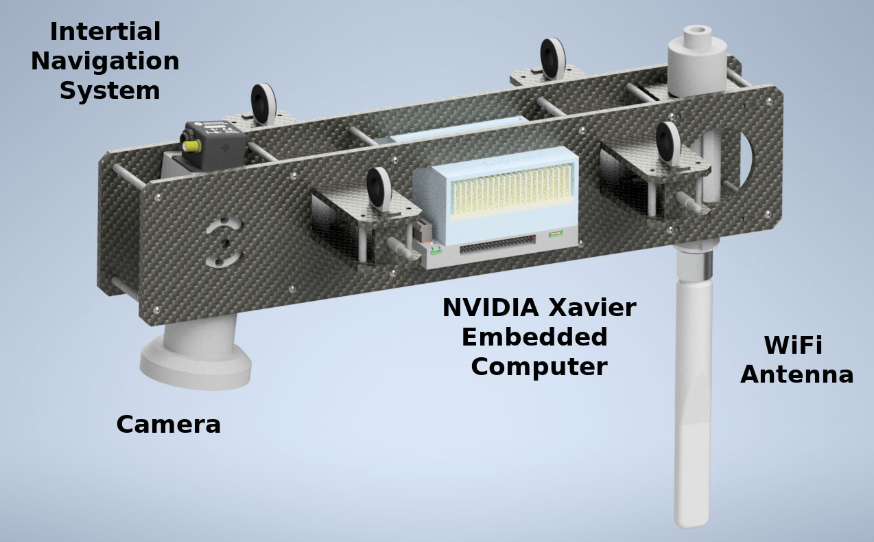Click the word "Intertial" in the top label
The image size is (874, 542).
point(106,32)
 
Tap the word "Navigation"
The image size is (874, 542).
point(105,62)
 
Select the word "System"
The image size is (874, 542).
point(110,91)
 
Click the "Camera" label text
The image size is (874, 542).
point(169,425)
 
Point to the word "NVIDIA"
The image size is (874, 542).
point(491,308)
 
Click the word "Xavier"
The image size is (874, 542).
point(592,308)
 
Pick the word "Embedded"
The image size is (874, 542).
point(534,337)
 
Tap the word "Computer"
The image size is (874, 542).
point(539,368)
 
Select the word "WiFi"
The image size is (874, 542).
point(793,345)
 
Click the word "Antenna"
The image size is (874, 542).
point(796,374)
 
